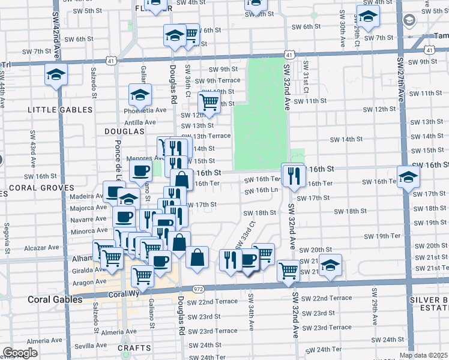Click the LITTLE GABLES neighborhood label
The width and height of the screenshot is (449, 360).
[61, 110]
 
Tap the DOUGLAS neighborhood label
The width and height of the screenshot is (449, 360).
[125, 131]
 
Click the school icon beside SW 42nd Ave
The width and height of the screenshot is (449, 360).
[56, 76]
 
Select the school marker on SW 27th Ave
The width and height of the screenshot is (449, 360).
[408, 177]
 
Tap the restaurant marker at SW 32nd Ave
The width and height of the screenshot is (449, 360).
[293, 176]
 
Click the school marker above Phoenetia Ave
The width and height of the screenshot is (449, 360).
[140, 95]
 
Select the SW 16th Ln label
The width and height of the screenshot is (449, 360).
[262, 190]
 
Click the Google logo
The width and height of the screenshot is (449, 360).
[20, 353]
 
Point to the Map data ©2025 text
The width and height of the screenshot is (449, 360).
[423, 355]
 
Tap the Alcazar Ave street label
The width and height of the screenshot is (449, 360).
[41, 247]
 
